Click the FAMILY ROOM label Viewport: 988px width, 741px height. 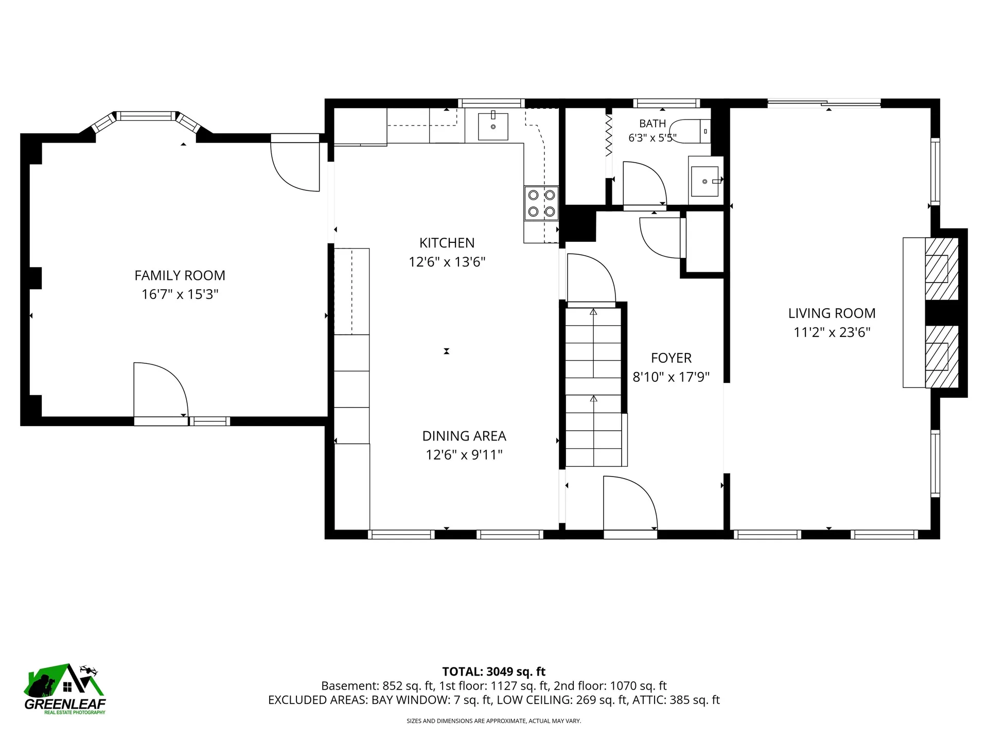point(180,276)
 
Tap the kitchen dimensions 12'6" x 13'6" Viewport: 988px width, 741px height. point(447,262)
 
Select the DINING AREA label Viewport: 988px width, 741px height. point(464,436)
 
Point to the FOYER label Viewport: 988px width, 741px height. point(671,358)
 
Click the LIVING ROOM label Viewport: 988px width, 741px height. point(832,313)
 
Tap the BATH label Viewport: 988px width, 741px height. point(652,123)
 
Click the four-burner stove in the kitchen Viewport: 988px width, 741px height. point(541,203)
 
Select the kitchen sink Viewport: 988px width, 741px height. point(493,127)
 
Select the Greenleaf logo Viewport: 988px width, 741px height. point(65,690)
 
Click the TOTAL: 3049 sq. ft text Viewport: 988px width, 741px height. point(493,672)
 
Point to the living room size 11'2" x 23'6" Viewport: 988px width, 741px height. point(832,332)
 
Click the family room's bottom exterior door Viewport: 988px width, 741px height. point(161,391)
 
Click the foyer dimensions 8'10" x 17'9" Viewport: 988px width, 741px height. point(671,377)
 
